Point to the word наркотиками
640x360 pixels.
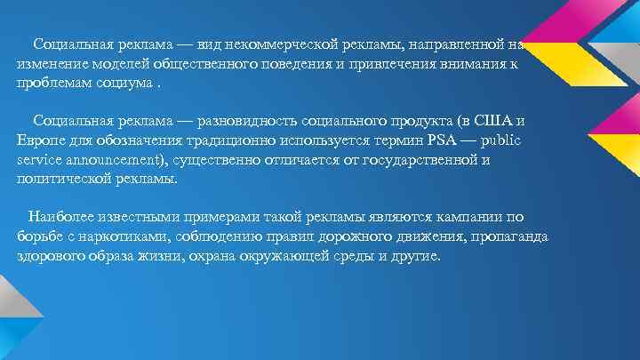click(x=117, y=236)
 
